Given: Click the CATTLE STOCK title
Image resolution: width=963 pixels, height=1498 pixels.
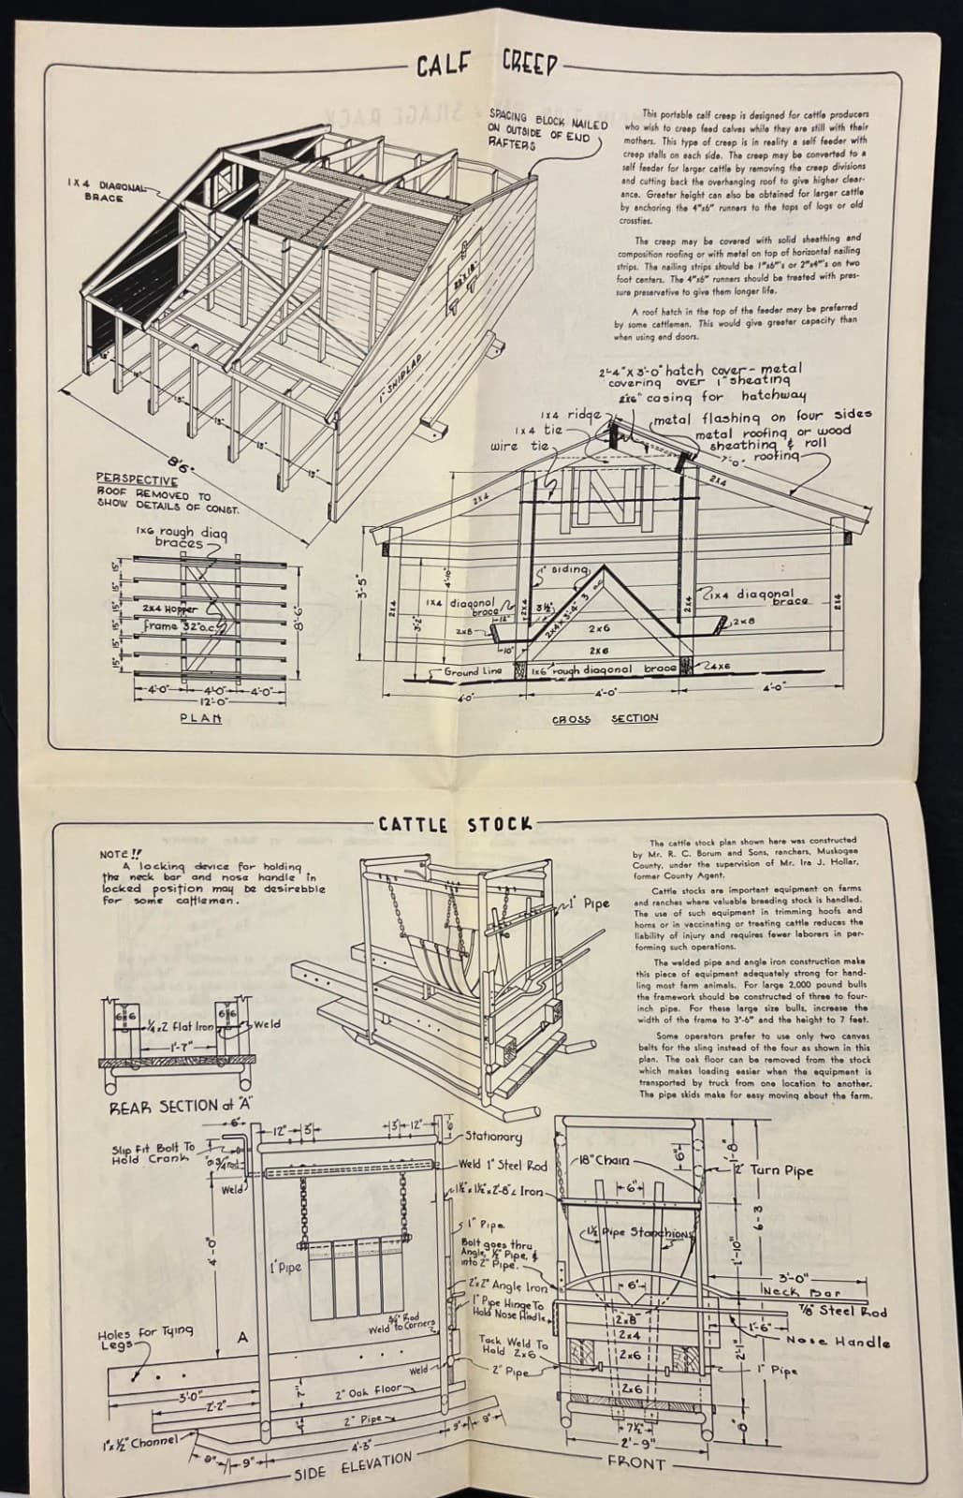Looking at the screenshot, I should click(455, 825).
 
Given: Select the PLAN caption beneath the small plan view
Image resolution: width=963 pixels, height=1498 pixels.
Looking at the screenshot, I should click(200, 718).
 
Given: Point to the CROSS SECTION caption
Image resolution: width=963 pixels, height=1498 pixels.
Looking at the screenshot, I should click(605, 718).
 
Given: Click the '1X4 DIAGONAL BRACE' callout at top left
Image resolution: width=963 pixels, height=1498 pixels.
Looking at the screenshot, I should click(105, 192).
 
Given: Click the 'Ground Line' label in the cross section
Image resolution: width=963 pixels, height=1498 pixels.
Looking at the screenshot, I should click(474, 670).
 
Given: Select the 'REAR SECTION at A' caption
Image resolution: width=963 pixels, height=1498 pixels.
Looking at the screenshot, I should click(170, 1106).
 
